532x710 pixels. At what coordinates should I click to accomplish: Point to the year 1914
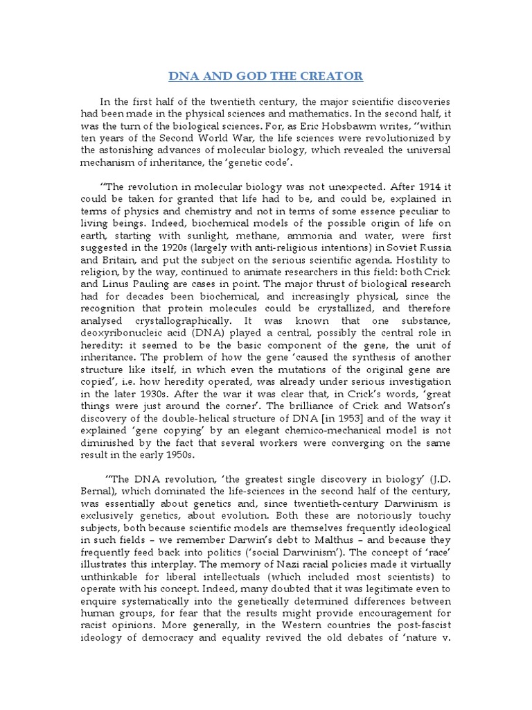[x=438, y=187]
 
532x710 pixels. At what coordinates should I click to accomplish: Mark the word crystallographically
[x=176, y=323]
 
